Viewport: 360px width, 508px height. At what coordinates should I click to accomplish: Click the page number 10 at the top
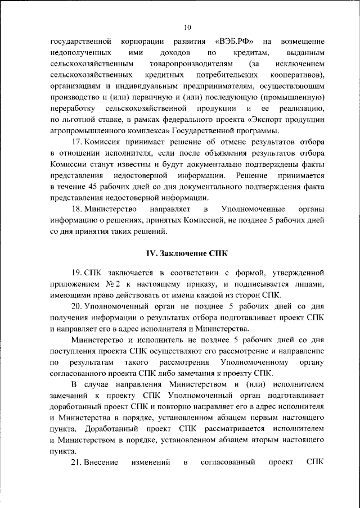click(187, 27)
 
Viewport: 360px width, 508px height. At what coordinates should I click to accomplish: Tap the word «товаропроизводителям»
click(185, 65)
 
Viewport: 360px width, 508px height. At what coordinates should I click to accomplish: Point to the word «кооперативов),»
click(297, 75)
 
